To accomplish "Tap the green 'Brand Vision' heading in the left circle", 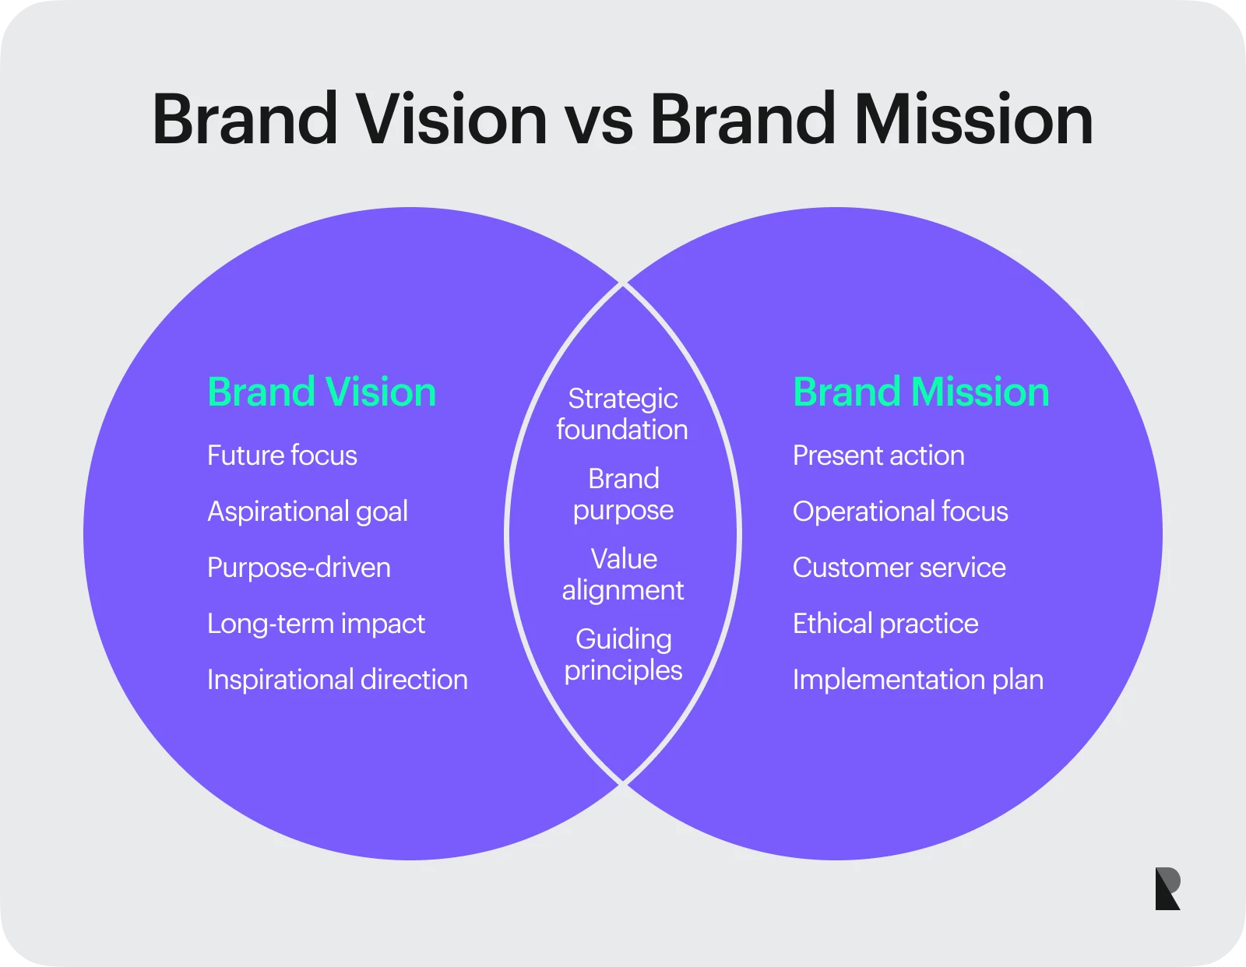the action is (322, 392).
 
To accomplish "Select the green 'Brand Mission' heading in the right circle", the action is (921, 392).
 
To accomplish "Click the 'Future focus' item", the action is (282, 455).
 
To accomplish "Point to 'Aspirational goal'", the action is (308, 512).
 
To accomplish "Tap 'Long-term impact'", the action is (316, 624).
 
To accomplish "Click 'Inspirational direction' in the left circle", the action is (337, 680).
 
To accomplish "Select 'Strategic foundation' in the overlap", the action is (623, 414).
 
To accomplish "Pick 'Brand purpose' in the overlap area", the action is (623, 494).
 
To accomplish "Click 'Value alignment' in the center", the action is (623, 575).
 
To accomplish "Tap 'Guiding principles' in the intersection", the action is (623, 655).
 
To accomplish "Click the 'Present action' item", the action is (878, 455).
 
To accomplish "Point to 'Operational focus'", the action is (900, 512).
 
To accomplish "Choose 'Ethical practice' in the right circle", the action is (885, 624).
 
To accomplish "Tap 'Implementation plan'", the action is (918, 680).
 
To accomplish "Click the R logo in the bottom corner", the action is (1168, 888).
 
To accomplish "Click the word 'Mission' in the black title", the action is (973, 120).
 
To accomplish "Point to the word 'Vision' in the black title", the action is (452, 120).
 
